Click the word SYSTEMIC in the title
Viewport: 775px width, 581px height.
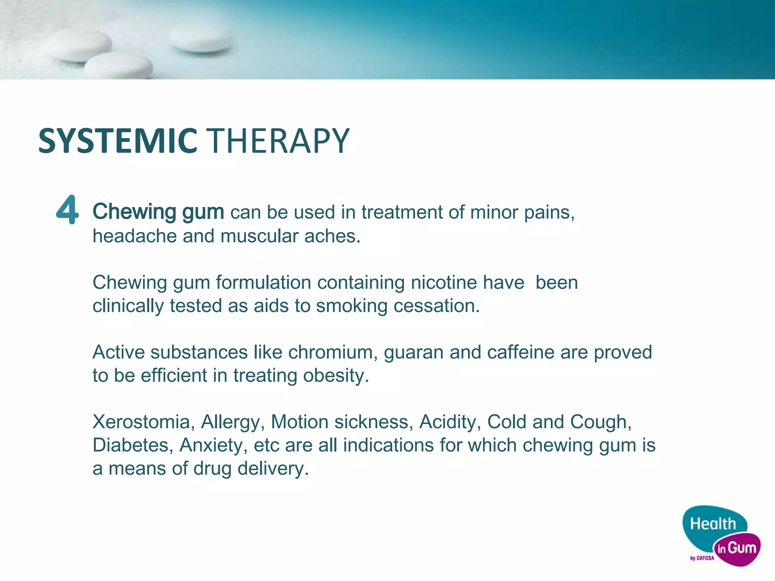(x=118, y=141)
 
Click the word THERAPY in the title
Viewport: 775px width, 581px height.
(x=279, y=141)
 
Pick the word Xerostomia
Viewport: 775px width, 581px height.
(x=141, y=422)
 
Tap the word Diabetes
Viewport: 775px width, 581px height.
(x=131, y=445)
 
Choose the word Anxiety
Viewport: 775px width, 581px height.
(x=211, y=446)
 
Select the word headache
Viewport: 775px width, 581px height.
(x=134, y=236)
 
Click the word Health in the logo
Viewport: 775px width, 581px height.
(x=713, y=524)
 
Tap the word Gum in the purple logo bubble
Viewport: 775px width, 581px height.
(x=742, y=548)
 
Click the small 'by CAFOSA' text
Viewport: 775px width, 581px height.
(x=702, y=558)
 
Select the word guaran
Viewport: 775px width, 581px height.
(x=413, y=353)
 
